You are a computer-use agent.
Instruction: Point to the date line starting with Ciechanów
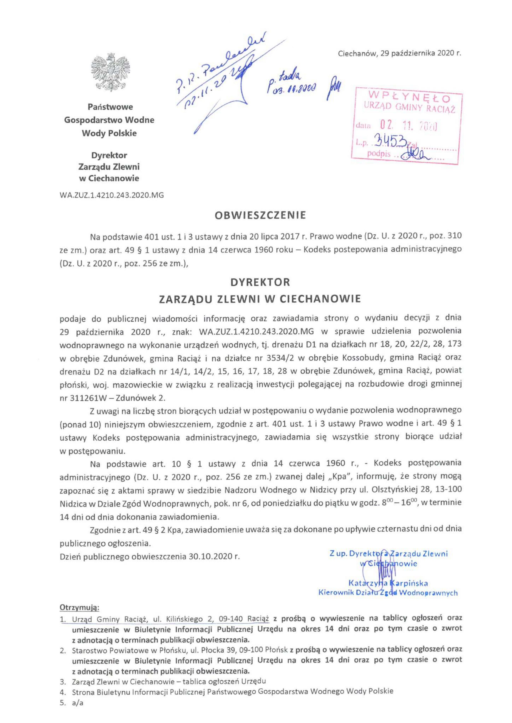coord(399,53)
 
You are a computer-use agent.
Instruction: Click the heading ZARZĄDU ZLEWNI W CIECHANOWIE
coord(260,298)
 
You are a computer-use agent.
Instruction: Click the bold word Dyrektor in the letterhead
coord(109,155)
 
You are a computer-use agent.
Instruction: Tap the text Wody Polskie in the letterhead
coord(109,133)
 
